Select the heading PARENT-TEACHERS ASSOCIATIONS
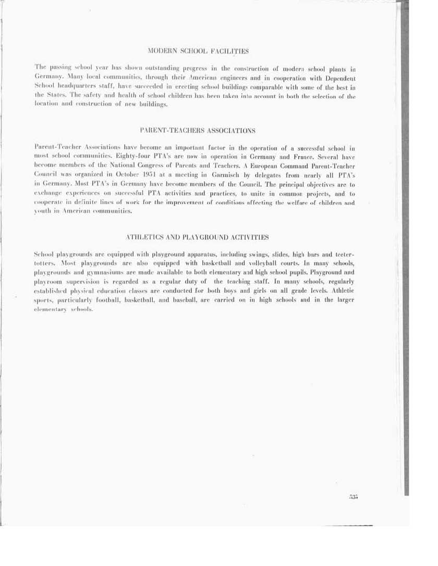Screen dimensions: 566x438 (x=198, y=129)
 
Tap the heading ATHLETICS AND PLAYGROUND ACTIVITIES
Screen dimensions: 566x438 (x=198, y=237)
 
